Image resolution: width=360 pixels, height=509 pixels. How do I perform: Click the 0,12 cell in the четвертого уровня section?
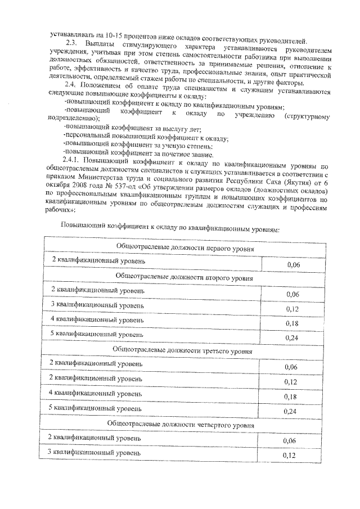click(288, 455)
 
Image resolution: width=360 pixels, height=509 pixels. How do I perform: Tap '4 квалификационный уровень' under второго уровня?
click(97, 319)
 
